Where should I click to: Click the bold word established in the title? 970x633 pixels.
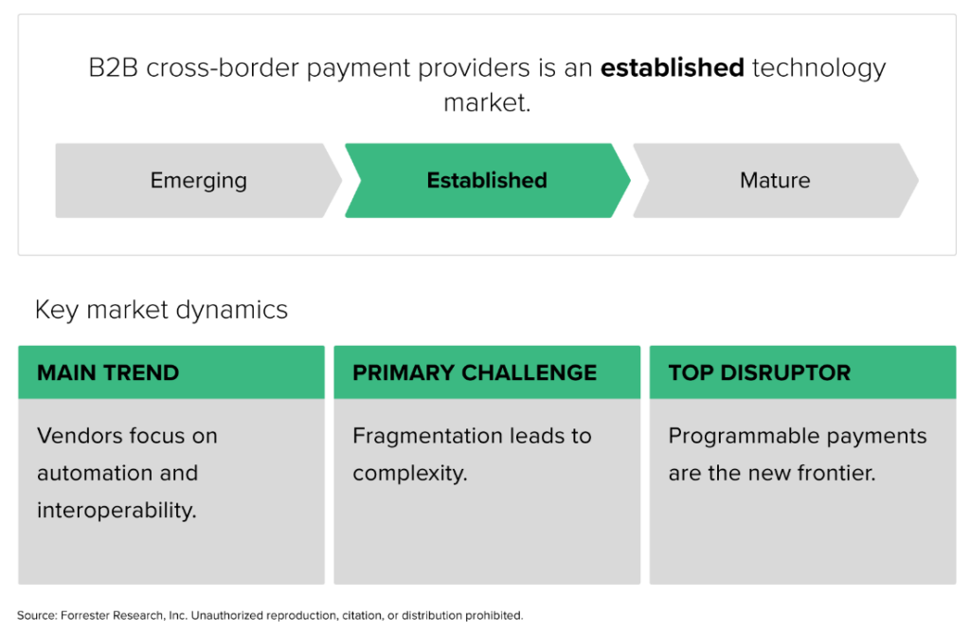pyautogui.click(x=672, y=69)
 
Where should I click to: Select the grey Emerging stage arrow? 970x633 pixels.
pyautogui.click(x=198, y=180)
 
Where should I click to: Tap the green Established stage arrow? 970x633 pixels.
pyautogui.click(x=487, y=180)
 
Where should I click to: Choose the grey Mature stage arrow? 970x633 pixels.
pyautogui.click(x=775, y=180)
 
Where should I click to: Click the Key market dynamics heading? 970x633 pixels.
pyautogui.click(x=161, y=310)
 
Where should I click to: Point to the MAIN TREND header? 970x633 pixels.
pyautogui.click(x=108, y=372)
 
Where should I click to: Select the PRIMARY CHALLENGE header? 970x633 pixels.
pyautogui.click(x=475, y=372)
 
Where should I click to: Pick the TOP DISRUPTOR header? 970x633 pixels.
pyautogui.click(x=759, y=372)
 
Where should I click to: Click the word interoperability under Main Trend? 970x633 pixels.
pyautogui.click(x=117, y=510)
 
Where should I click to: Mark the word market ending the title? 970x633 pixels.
pyautogui.click(x=486, y=102)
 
